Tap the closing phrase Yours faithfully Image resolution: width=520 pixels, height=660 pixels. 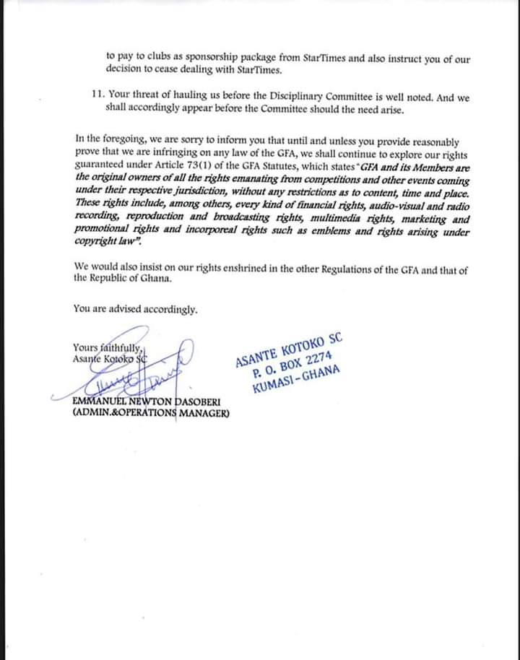click(107, 347)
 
